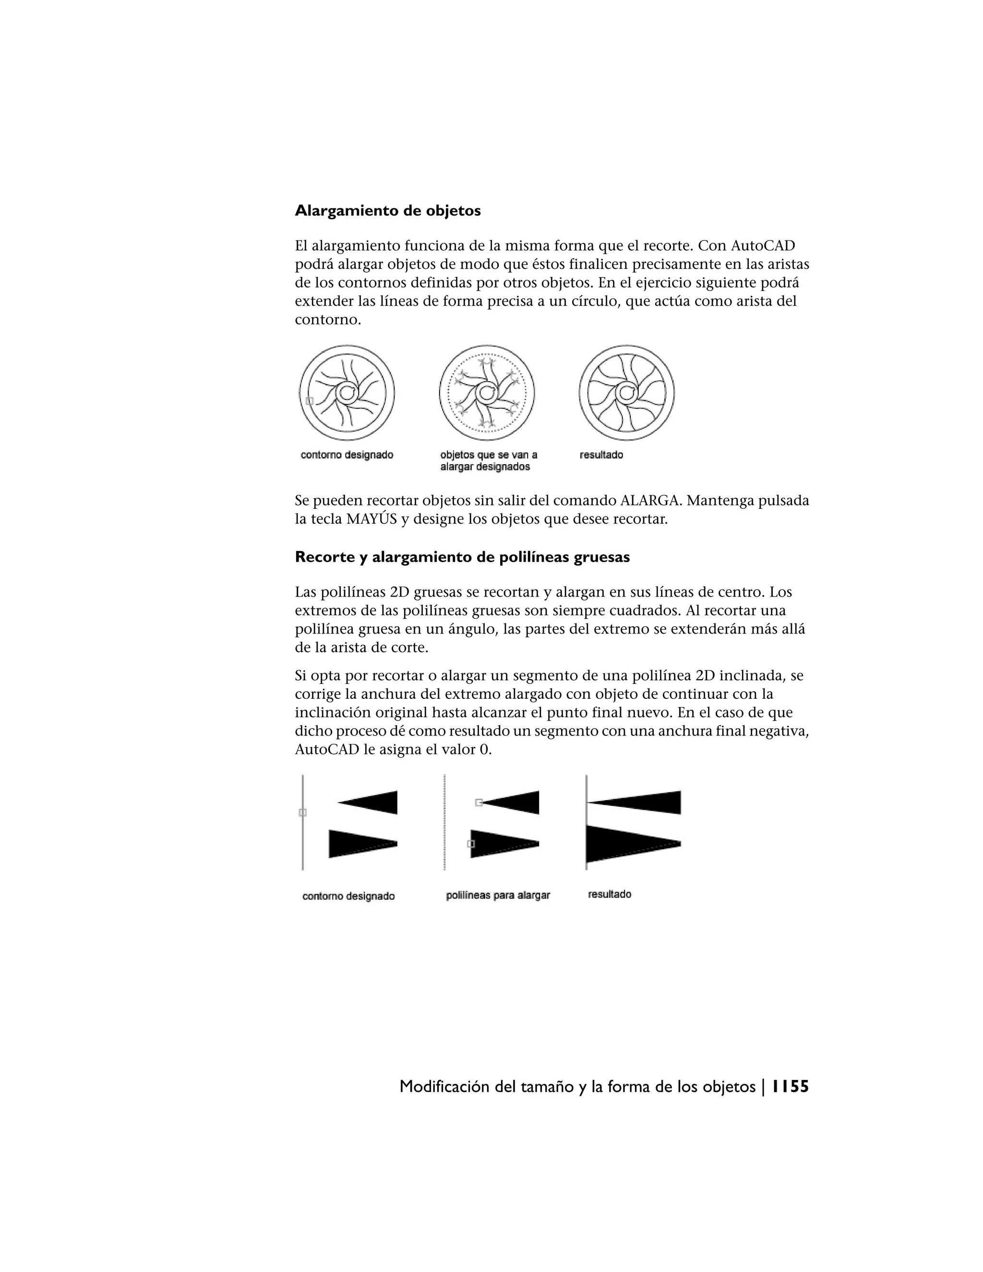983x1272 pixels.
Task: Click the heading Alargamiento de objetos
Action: tap(387, 211)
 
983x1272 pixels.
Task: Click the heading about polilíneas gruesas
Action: tap(462, 557)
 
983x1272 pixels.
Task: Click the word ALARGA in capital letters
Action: tap(651, 500)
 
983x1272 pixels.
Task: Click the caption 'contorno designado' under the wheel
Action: tap(347, 455)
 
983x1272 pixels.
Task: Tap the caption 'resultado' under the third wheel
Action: tap(601, 455)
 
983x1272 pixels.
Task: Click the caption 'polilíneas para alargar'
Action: tap(498, 896)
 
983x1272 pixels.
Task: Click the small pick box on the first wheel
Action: tap(310, 401)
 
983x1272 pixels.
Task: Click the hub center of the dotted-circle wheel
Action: tap(486, 393)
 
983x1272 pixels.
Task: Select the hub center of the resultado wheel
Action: tap(626, 393)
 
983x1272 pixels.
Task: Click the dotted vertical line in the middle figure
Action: tap(444, 827)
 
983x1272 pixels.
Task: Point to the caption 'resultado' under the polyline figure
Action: tap(609, 895)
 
